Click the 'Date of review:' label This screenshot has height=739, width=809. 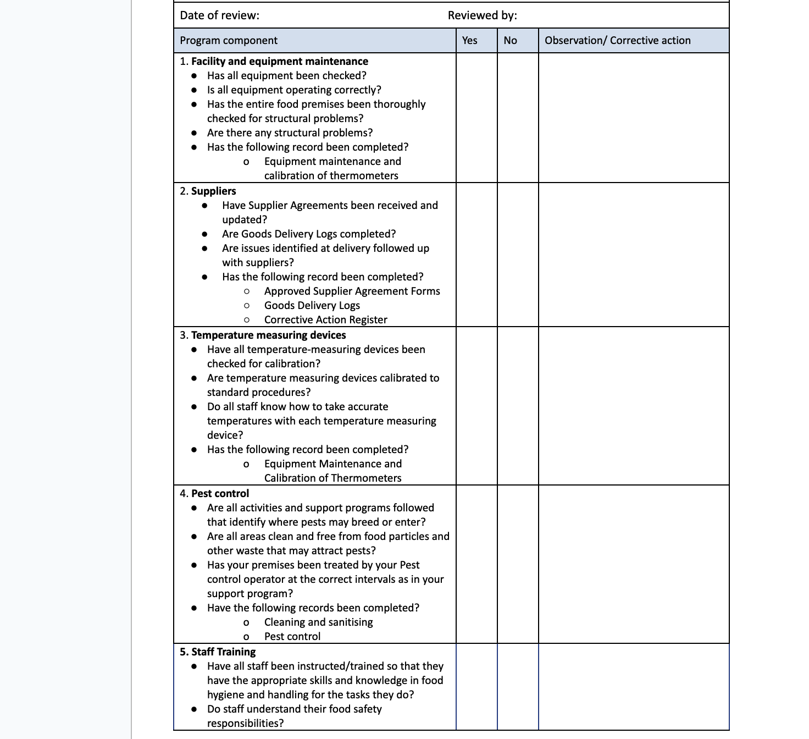(219, 15)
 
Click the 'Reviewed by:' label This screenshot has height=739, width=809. (482, 15)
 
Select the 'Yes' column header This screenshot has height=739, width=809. (469, 40)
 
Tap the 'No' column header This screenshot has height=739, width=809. (510, 40)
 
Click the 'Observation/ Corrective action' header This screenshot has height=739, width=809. (617, 40)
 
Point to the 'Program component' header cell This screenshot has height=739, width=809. (229, 40)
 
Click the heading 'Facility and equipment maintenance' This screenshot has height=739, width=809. (279, 61)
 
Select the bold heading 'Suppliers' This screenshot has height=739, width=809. (213, 191)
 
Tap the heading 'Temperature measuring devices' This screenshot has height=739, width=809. (268, 335)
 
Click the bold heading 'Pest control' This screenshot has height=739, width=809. (220, 493)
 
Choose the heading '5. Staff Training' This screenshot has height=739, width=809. (218, 652)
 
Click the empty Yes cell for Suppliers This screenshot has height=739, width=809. (476, 255)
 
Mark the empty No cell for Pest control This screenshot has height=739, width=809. (517, 564)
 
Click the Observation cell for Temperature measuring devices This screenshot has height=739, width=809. (633, 406)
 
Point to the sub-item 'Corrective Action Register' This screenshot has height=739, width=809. (325, 319)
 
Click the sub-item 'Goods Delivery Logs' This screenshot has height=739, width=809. (312, 305)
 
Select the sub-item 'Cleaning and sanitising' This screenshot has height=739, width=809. (318, 622)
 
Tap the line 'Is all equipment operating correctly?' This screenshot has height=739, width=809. (293, 90)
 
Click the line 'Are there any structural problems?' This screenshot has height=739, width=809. (290, 133)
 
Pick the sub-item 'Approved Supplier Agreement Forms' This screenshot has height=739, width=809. (352, 291)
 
